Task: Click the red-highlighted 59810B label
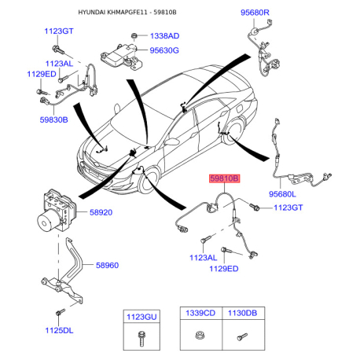(224, 178)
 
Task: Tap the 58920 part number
(101, 212)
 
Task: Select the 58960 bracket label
(107, 265)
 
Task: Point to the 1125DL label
(59, 330)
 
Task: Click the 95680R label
(255, 13)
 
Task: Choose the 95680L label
(282, 194)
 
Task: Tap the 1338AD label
(164, 36)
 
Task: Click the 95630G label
(164, 50)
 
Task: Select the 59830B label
(53, 119)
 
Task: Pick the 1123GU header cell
(141, 317)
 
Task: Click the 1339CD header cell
(200, 313)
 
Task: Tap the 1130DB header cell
(243, 313)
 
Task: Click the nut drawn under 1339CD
(200, 336)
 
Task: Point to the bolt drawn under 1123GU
(141, 338)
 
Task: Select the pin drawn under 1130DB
(242, 336)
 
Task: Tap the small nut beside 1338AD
(134, 35)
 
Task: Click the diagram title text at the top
(127, 13)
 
